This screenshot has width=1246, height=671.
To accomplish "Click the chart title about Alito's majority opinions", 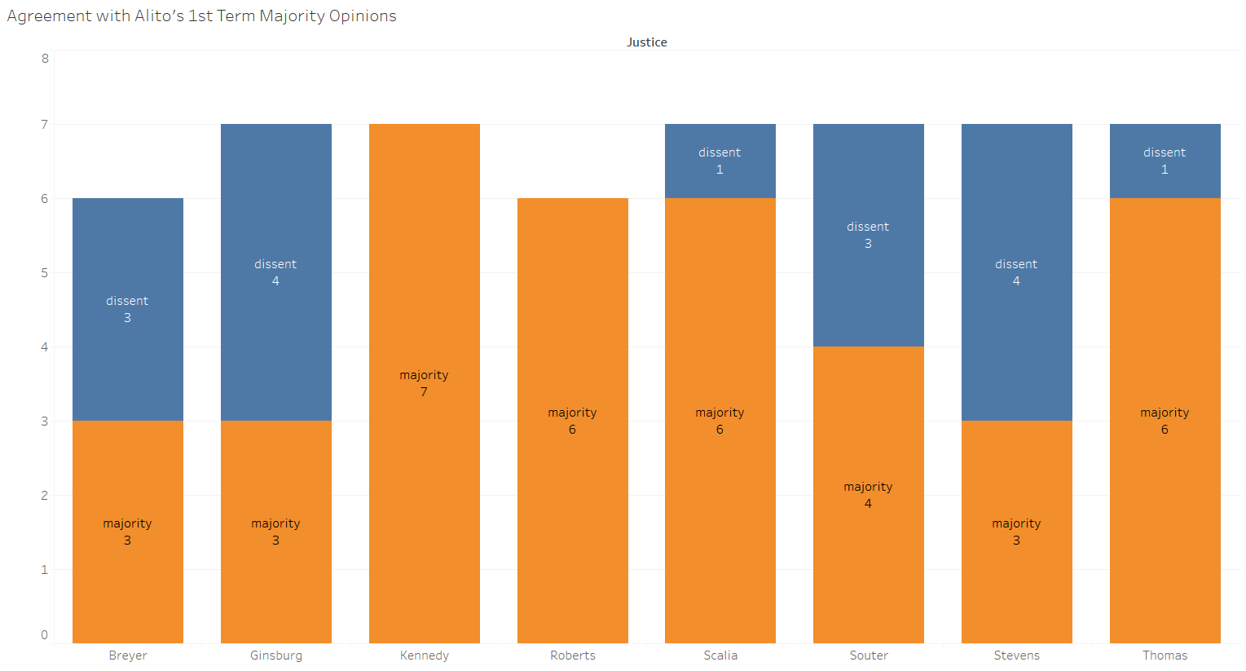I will tap(201, 16).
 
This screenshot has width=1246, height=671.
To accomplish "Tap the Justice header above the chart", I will tap(646, 42).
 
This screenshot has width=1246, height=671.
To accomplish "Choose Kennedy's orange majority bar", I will tap(425, 489).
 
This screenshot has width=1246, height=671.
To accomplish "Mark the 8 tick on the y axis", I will tap(45, 59).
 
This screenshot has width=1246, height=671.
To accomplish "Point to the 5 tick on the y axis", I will tap(45, 273).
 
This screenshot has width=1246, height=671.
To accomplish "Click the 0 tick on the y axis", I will tap(45, 635).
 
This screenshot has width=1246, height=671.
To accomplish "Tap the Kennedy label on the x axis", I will tap(425, 656).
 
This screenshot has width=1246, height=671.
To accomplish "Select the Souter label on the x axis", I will tap(869, 656).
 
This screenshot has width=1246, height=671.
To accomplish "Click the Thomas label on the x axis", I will tap(1165, 656).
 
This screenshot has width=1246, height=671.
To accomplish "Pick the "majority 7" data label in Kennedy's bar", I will tap(424, 383).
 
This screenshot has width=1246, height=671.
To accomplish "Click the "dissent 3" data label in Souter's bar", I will tap(868, 235).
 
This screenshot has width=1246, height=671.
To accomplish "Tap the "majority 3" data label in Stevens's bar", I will tap(1016, 532).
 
